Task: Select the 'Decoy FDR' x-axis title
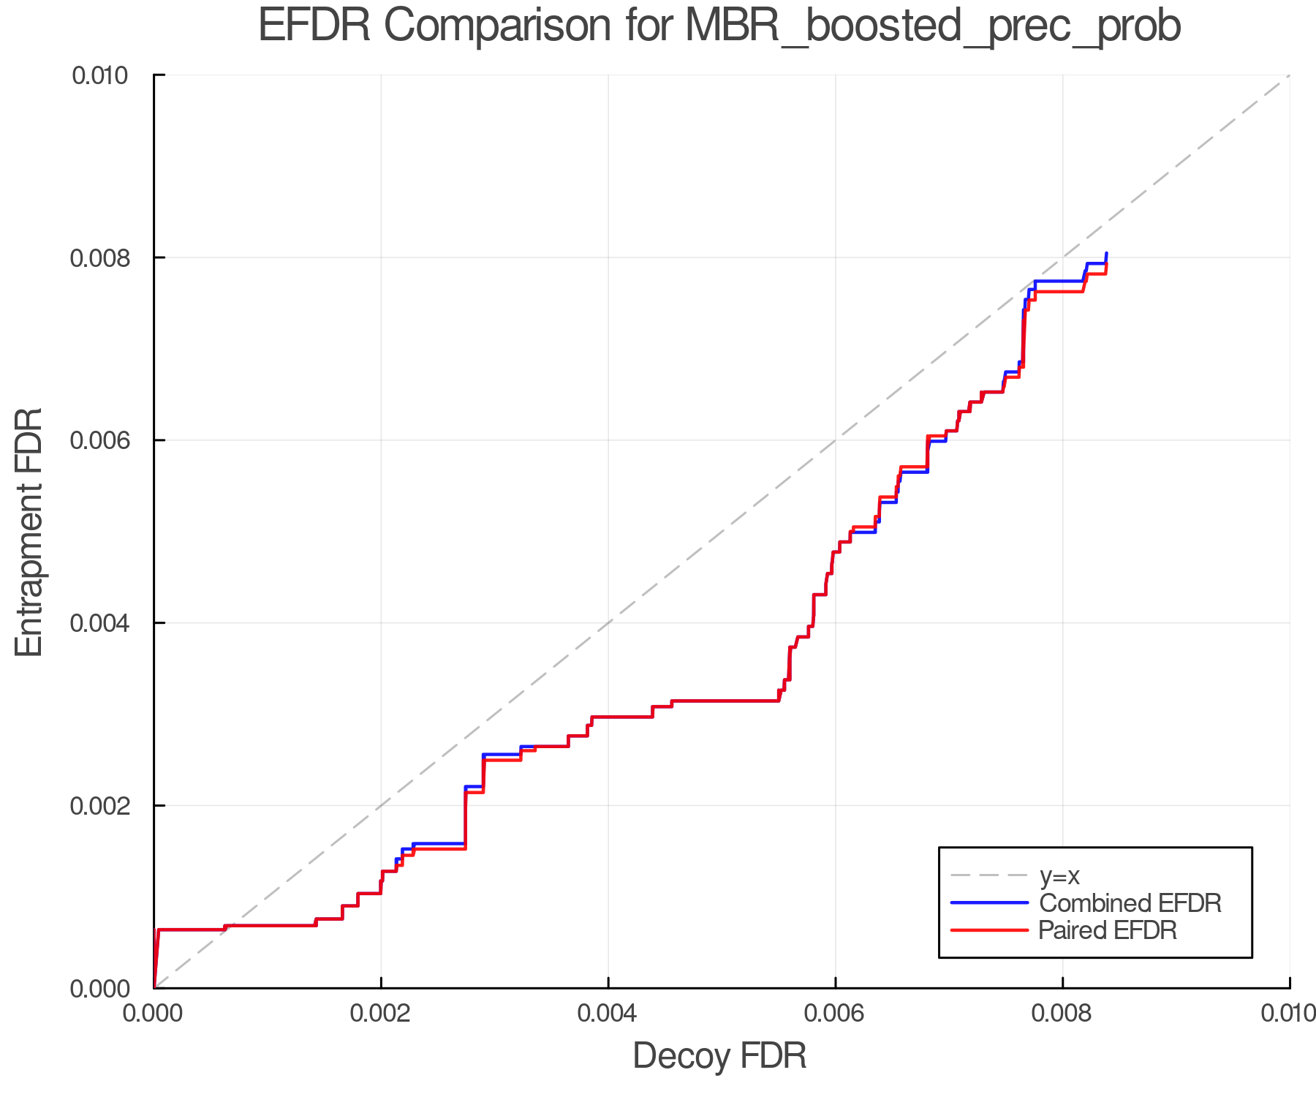click(x=719, y=1055)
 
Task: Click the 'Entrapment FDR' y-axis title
click(x=29, y=532)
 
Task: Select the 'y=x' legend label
click(x=1059, y=875)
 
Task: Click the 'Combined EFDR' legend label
click(x=1130, y=903)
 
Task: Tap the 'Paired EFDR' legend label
click(x=1108, y=930)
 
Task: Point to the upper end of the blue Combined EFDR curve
click(x=1106, y=253)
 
